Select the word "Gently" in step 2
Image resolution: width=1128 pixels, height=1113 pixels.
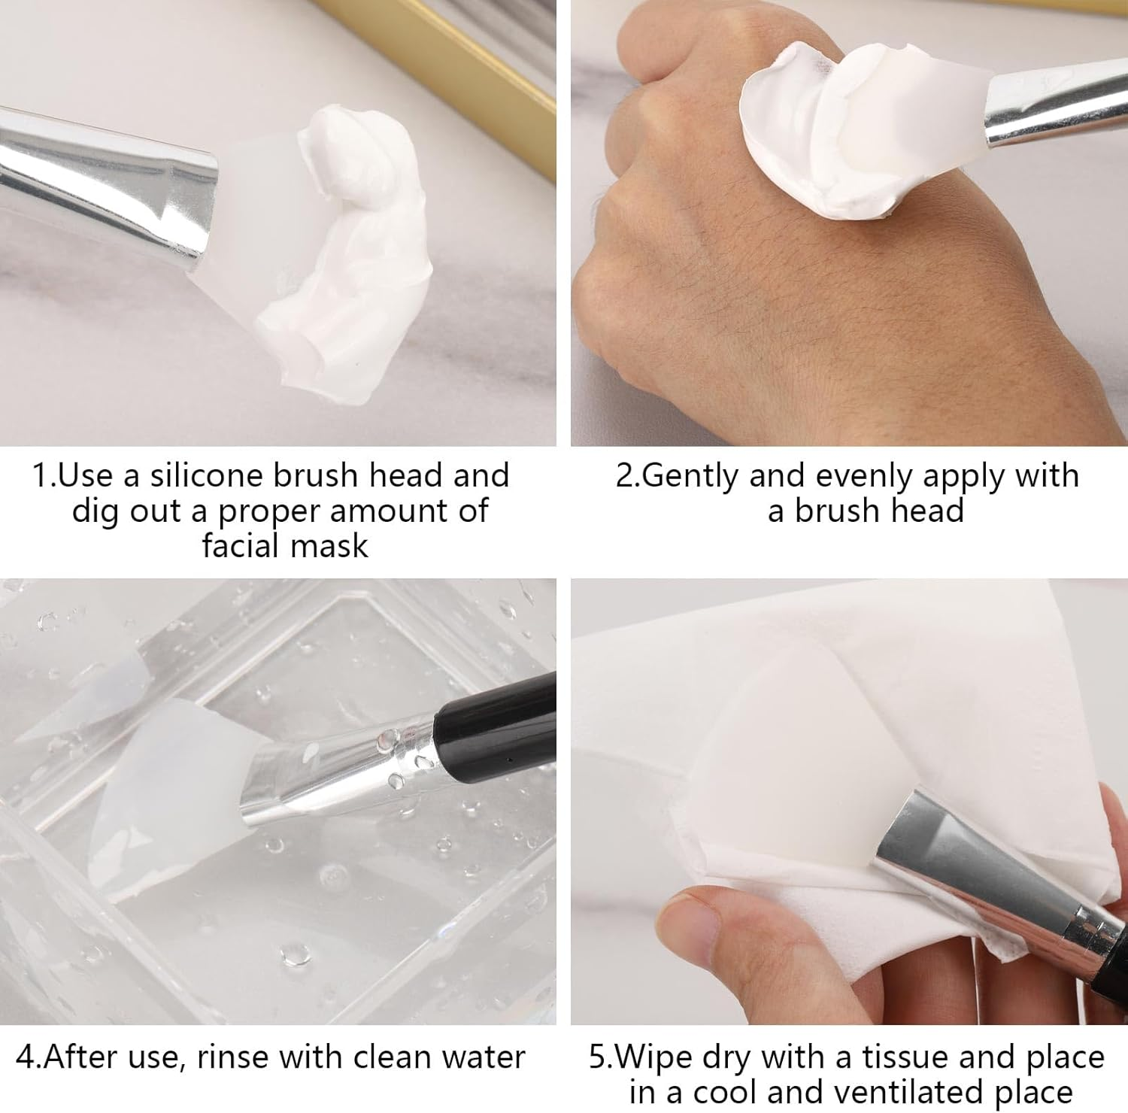click(691, 476)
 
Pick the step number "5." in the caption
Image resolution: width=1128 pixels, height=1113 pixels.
click(599, 1057)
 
